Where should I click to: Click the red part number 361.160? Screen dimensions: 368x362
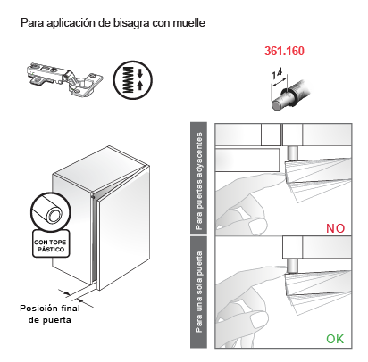pyautogui.click(x=284, y=51)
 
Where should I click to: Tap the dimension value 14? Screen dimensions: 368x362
pyautogui.click(x=277, y=73)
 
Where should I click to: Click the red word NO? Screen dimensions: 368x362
pyautogui.click(x=335, y=228)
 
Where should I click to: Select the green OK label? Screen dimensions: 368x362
pyautogui.click(x=335, y=339)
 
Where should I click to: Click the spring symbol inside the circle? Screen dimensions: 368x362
pyautogui.click(x=129, y=79)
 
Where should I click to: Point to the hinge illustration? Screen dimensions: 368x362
pyautogui.click(x=64, y=78)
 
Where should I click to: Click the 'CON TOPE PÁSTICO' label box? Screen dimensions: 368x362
pyautogui.click(x=51, y=243)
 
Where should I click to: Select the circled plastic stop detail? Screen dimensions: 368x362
pyautogui.click(x=51, y=212)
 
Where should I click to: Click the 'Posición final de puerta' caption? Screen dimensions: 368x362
pyautogui.click(x=50, y=314)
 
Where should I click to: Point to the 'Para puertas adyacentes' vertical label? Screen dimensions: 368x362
pyautogui.click(x=198, y=180)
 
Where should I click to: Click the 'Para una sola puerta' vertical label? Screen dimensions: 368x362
pyautogui.click(x=198, y=292)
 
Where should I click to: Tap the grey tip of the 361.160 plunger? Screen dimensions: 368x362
pyautogui.click(x=278, y=104)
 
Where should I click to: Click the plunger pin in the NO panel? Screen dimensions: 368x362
pyautogui.click(x=291, y=153)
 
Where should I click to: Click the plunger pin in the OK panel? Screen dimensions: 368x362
pyautogui.click(x=291, y=266)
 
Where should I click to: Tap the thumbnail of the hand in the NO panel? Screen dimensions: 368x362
pyautogui.click(x=257, y=226)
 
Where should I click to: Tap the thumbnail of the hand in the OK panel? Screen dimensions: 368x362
pyautogui.click(x=258, y=321)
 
